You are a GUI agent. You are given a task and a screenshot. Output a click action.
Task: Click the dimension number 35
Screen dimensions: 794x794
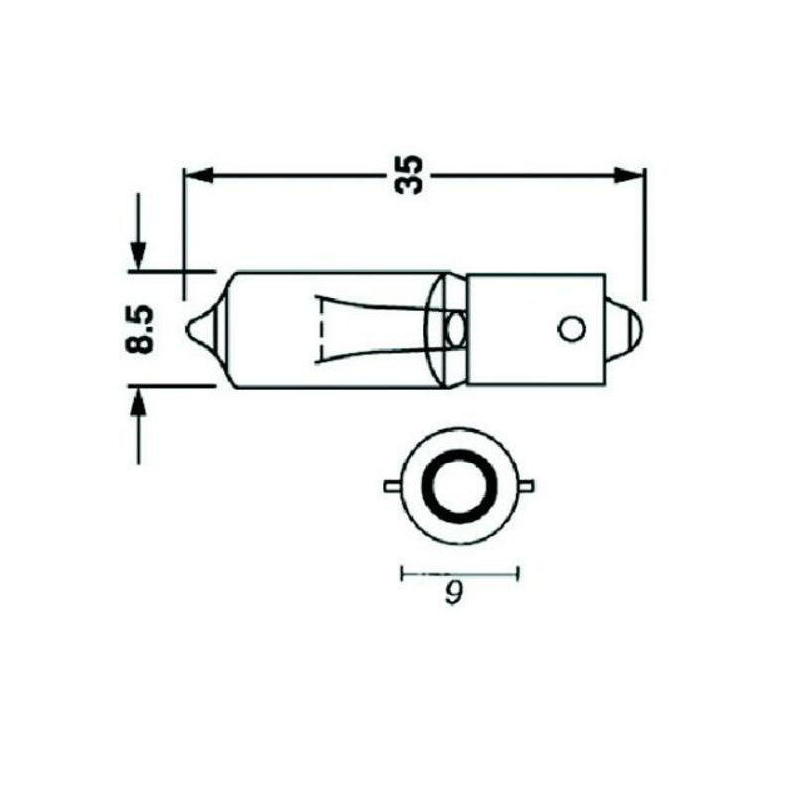tap(408, 174)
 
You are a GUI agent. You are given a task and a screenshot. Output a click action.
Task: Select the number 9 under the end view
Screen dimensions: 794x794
tap(454, 594)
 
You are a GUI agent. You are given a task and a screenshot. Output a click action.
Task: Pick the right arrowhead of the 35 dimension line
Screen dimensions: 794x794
tap(629, 175)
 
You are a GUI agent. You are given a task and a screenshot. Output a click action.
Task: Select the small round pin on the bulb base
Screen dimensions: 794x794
tap(570, 329)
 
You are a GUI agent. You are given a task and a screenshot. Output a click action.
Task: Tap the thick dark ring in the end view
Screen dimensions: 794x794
tap(460, 485)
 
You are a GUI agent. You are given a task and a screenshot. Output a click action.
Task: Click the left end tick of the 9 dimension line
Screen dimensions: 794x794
tap(401, 572)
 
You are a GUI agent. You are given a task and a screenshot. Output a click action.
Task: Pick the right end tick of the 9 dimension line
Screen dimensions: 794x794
tap(519, 572)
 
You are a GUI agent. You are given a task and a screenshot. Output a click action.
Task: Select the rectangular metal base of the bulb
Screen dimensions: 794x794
tap(536, 329)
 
